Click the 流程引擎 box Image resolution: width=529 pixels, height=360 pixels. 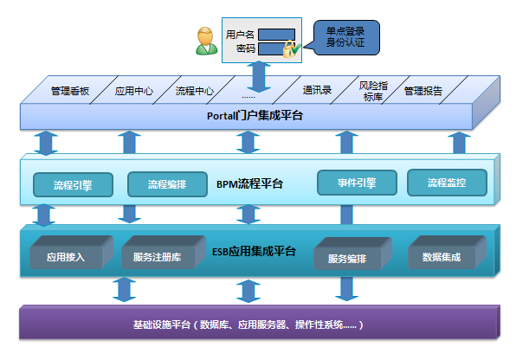click(x=74, y=184)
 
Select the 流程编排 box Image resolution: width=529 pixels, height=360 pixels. click(x=167, y=184)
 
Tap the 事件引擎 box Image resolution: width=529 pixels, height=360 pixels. click(x=357, y=183)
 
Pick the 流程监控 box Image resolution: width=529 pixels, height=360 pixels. click(x=447, y=183)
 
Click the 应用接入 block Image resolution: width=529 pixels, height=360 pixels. click(x=71, y=252)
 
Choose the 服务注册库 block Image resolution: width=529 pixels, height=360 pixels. click(x=164, y=252)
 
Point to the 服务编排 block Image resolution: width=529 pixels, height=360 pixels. click(x=352, y=254)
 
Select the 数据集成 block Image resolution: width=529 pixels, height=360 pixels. click(x=447, y=252)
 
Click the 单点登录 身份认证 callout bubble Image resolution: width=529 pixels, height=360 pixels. click(x=345, y=37)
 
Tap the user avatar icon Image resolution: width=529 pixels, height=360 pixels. click(x=206, y=42)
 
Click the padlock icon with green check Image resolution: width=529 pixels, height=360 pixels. click(x=291, y=49)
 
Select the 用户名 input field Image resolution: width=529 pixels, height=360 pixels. click(x=277, y=35)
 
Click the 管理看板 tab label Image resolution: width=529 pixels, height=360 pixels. click(x=70, y=91)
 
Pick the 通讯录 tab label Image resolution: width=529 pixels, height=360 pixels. click(x=317, y=90)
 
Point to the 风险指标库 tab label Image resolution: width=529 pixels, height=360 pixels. click(x=373, y=92)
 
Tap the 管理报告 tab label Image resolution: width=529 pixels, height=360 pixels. click(x=423, y=91)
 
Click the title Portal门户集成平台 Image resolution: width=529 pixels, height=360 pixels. click(x=255, y=116)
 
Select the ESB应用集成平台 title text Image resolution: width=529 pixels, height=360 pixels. click(x=254, y=252)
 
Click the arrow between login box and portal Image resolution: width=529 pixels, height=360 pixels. click(x=259, y=77)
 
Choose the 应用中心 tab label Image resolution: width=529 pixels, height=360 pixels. click(x=134, y=91)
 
